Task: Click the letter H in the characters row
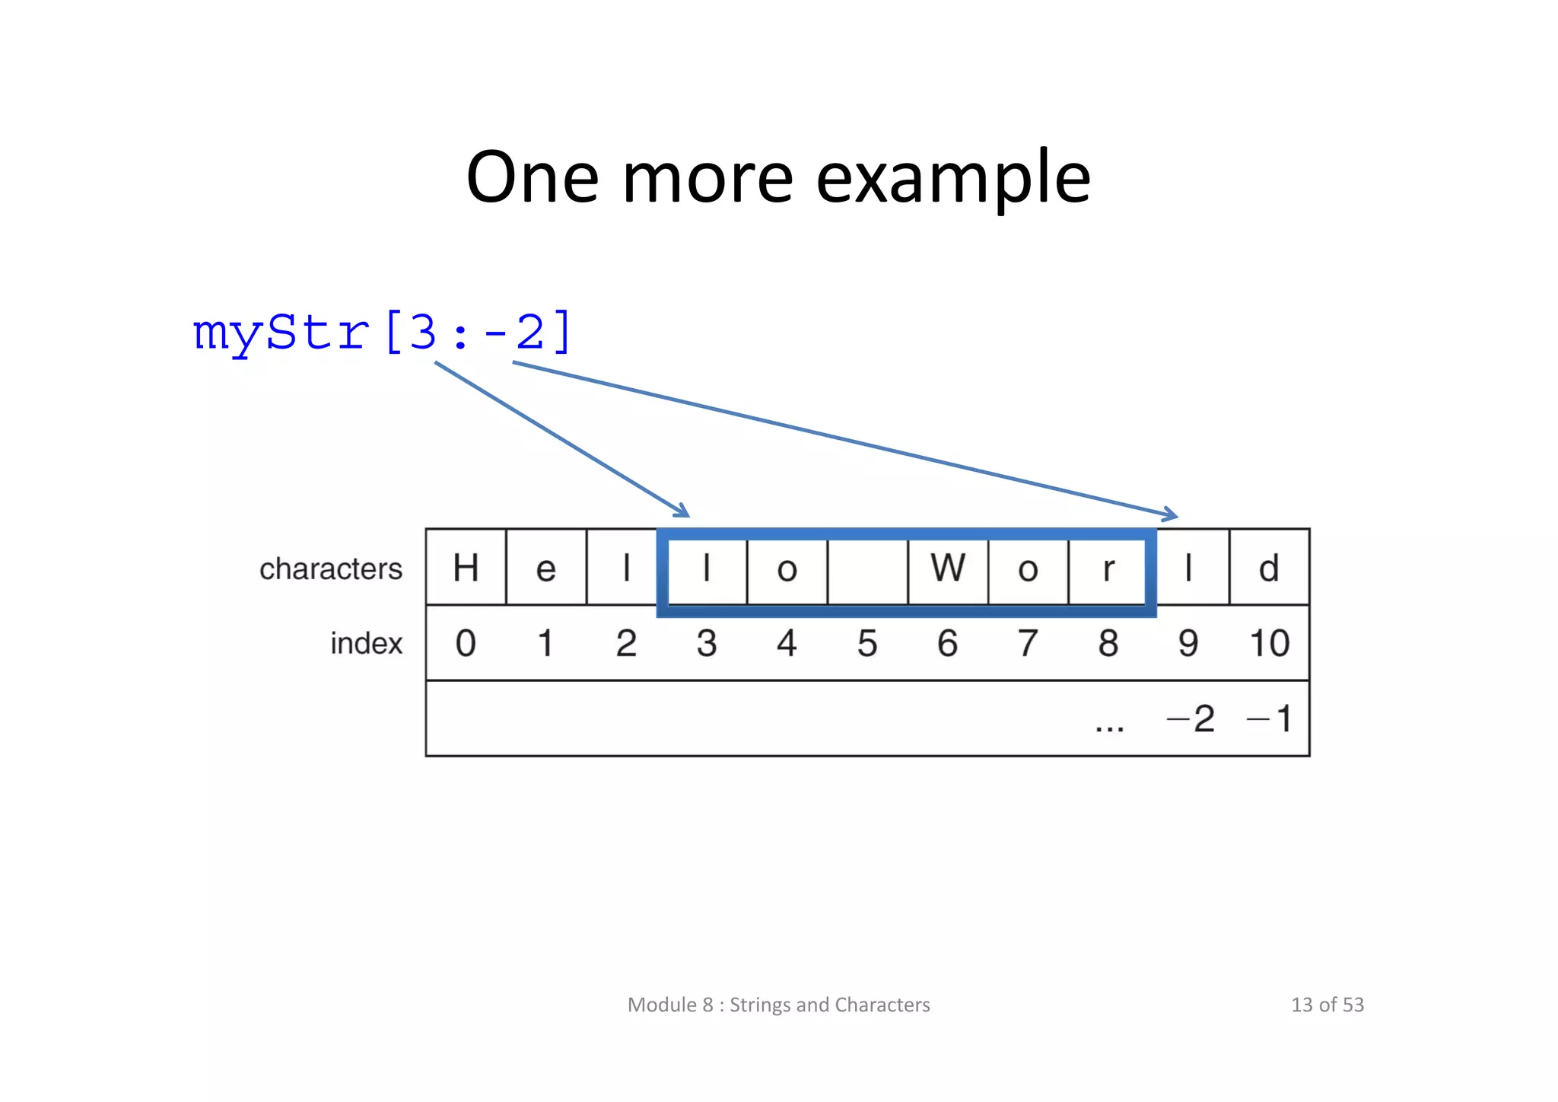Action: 466,568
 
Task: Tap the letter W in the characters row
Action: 948,568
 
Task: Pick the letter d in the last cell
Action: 1268,568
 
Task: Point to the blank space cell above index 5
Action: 867,568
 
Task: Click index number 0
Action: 466,643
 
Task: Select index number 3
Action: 707,643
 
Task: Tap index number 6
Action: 948,643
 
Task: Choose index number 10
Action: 1269,643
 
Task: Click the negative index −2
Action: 1191,718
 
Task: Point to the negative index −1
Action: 1270,718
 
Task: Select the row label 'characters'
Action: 330,569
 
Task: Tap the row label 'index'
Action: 366,643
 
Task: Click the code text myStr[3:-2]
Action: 382,333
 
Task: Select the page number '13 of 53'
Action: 1327,1005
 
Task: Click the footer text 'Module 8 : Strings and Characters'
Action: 778,1005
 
